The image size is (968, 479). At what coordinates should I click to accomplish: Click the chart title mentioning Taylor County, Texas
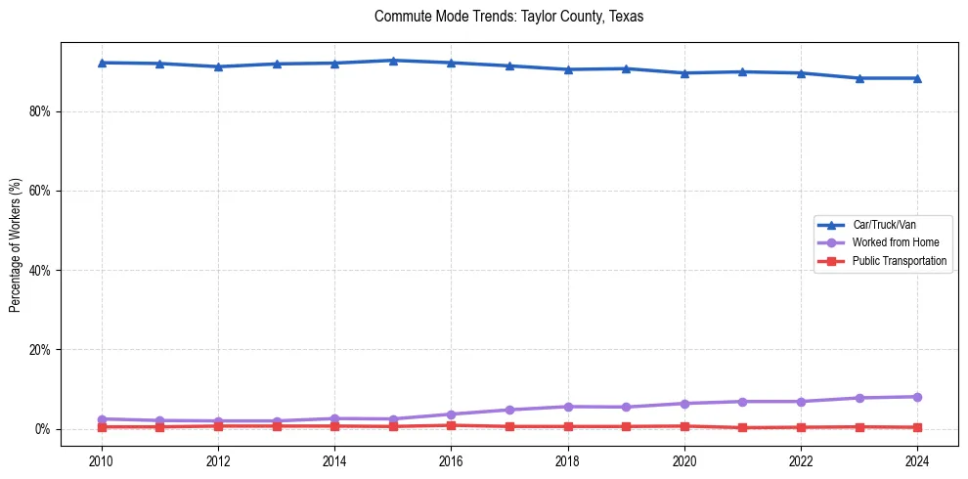click(508, 17)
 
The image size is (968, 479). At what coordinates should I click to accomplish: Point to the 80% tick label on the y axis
click(39, 111)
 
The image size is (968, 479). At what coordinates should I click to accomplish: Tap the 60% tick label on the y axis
click(39, 191)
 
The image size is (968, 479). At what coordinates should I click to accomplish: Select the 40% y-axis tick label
click(39, 271)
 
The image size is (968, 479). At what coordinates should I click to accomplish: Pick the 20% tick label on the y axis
click(39, 350)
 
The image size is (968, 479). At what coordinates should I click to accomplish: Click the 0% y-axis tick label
click(42, 429)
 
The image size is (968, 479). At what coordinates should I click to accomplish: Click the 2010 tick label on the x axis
click(102, 459)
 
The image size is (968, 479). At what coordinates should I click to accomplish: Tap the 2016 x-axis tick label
click(451, 459)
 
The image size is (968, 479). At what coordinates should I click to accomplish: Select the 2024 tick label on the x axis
click(917, 459)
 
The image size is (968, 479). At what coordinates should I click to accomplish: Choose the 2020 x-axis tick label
click(684, 459)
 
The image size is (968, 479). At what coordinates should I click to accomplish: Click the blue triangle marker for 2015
click(393, 61)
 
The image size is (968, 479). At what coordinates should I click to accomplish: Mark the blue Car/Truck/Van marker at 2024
click(917, 78)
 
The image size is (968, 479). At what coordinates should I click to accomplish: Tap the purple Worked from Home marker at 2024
click(917, 397)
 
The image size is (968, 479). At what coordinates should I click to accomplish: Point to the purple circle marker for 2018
click(568, 407)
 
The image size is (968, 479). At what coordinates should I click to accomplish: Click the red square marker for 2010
click(102, 427)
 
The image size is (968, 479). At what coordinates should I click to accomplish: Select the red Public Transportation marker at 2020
click(684, 426)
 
